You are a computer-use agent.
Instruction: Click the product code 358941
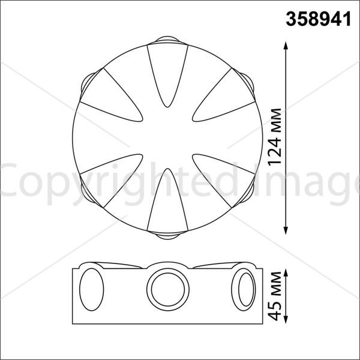(318, 19)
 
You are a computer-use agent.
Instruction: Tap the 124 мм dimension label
(275, 137)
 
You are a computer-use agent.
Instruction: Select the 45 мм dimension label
(275, 296)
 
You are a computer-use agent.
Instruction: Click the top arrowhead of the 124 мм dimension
(286, 46)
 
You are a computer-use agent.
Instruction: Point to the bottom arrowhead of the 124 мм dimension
(286, 230)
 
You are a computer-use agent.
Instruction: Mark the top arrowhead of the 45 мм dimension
(286, 273)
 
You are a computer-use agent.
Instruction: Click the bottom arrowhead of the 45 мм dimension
(286, 320)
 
